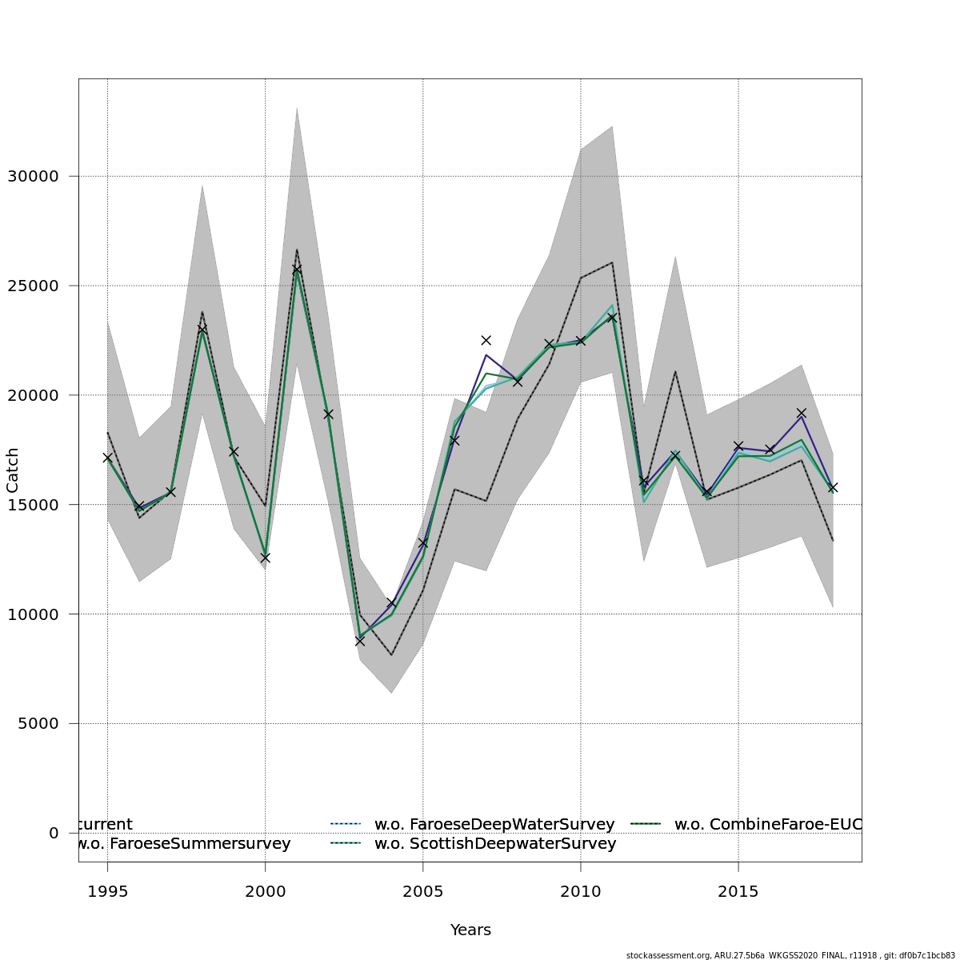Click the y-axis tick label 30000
point(32,176)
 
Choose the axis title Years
point(470,930)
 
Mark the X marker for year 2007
point(486,340)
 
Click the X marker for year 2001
point(297,269)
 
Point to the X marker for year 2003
point(360,641)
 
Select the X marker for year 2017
point(801,413)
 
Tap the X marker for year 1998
point(202,329)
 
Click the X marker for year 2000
point(265,558)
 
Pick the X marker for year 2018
point(833,487)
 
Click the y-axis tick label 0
point(54,833)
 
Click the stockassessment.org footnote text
point(790,955)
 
